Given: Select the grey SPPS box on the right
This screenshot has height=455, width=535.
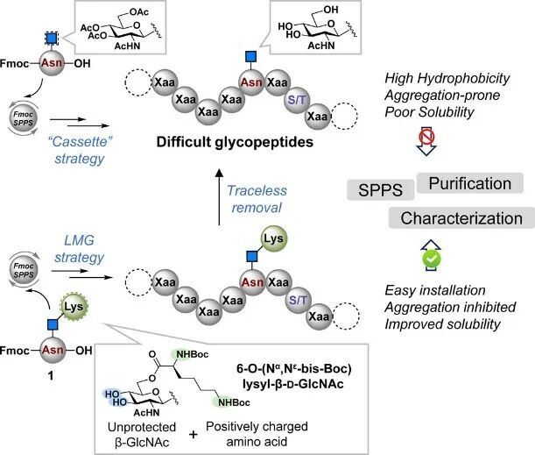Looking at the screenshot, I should pos(378,188).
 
